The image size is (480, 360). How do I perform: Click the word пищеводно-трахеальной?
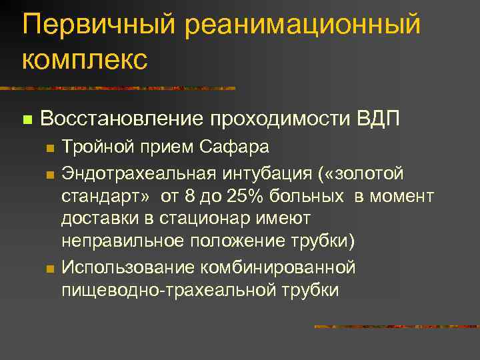171,291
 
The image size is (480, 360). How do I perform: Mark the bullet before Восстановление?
27,120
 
